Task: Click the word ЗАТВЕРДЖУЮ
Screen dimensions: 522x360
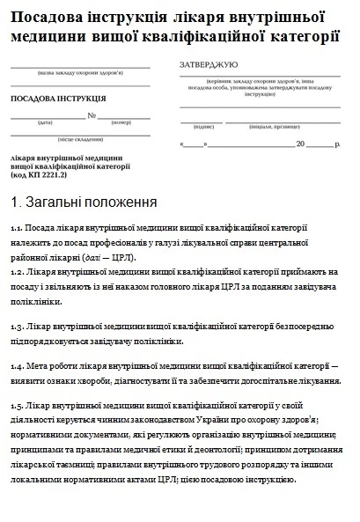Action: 209,66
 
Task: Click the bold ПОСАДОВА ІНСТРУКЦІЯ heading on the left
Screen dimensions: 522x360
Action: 58,99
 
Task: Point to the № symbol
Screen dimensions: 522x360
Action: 92,115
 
